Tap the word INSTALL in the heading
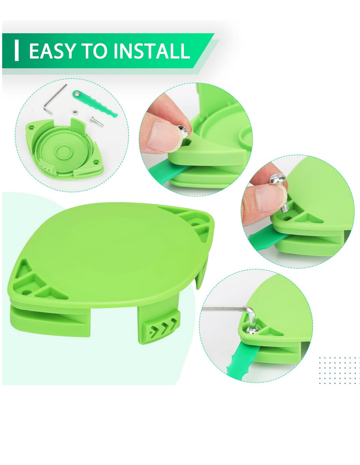coord(151,50)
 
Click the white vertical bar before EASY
coord(17,51)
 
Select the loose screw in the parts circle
coord(96,121)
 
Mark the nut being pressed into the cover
coord(182,131)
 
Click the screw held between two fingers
coord(280,190)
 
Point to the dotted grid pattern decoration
coord(338,370)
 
